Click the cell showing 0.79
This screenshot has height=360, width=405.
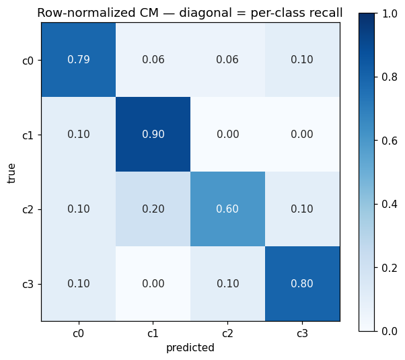pos(79,60)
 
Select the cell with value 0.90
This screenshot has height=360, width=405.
pos(153,135)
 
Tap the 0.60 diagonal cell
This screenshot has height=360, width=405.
pos(227,209)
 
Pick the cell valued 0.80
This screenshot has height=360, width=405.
pos(302,283)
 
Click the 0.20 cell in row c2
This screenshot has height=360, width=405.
pos(153,209)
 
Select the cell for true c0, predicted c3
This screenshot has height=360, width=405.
pos(302,60)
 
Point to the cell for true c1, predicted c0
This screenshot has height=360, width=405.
pos(79,135)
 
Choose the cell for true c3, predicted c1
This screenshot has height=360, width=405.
pos(153,283)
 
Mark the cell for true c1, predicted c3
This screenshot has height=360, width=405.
pos(302,135)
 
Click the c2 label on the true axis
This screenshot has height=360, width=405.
pos(28,209)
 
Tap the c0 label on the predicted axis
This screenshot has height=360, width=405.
pos(78,333)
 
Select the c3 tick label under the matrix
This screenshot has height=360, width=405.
pos(302,333)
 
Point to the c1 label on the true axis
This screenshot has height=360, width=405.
pos(28,135)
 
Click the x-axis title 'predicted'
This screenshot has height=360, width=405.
pos(190,348)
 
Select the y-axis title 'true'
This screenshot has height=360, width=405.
pos(11,174)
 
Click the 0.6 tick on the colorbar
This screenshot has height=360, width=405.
pos(390,141)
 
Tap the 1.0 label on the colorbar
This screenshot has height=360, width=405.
pos(390,13)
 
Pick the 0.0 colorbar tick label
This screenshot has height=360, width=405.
pos(390,331)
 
